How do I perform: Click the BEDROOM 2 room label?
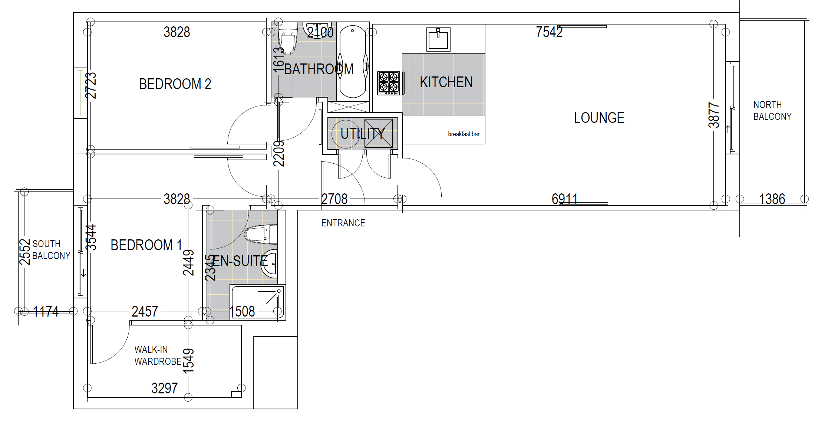click(x=175, y=84)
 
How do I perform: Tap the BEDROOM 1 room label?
click(x=146, y=245)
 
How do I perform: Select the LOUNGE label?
click(x=599, y=118)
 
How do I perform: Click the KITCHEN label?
click(x=446, y=82)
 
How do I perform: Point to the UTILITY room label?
click(x=362, y=134)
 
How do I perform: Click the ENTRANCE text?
click(x=343, y=223)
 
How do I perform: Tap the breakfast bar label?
click(x=464, y=134)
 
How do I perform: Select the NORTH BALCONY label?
click(x=772, y=111)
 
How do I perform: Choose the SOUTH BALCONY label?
click(x=51, y=250)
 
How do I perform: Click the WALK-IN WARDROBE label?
click(x=158, y=356)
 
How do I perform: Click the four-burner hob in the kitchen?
click(x=389, y=83)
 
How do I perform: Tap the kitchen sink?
click(x=438, y=39)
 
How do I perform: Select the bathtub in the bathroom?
click(x=353, y=62)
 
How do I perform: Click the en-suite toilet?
click(x=261, y=235)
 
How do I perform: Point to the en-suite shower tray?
click(x=258, y=302)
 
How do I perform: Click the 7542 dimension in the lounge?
click(x=549, y=32)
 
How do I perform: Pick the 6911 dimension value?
click(x=565, y=199)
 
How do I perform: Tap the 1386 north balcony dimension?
click(x=772, y=199)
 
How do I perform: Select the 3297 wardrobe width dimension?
click(x=165, y=389)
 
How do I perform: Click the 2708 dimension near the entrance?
click(x=334, y=199)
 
